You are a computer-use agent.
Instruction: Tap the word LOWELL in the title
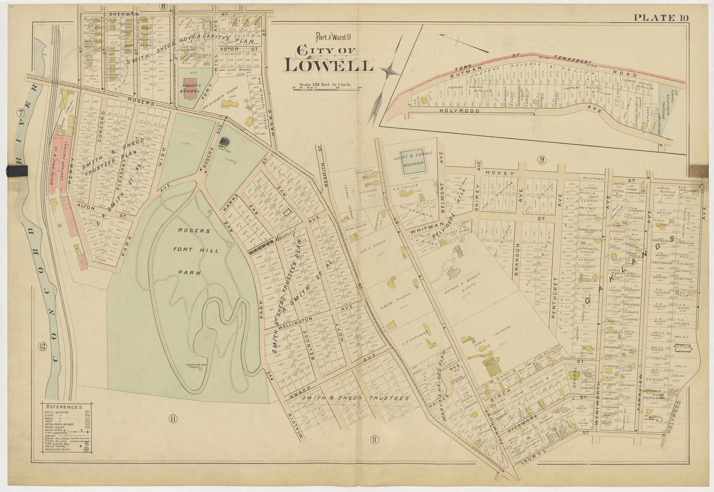pyautogui.click(x=328, y=66)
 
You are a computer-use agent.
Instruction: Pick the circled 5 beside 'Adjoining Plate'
pyautogui.click(x=86, y=449)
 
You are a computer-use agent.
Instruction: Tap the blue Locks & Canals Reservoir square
pyautogui.click(x=413, y=166)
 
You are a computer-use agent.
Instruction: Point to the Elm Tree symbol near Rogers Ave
pyautogui.click(x=224, y=142)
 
